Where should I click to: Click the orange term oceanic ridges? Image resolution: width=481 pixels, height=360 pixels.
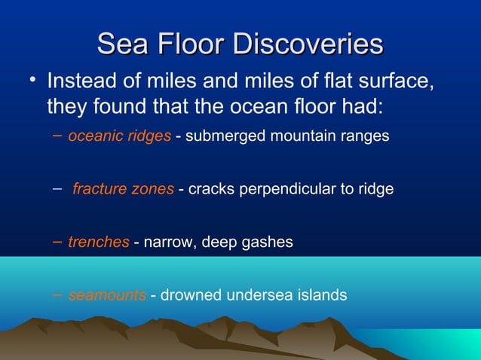[x=119, y=137]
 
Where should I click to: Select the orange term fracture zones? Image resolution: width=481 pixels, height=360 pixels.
[x=123, y=189]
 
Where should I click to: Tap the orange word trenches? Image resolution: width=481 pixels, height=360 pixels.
[x=99, y=242]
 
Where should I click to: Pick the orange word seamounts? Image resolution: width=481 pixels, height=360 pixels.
[x=107, y=294]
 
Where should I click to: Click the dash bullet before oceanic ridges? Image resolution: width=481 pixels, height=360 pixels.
[x=60, y=137]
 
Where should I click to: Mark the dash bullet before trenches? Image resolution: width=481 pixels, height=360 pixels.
[x=60, y=242]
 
